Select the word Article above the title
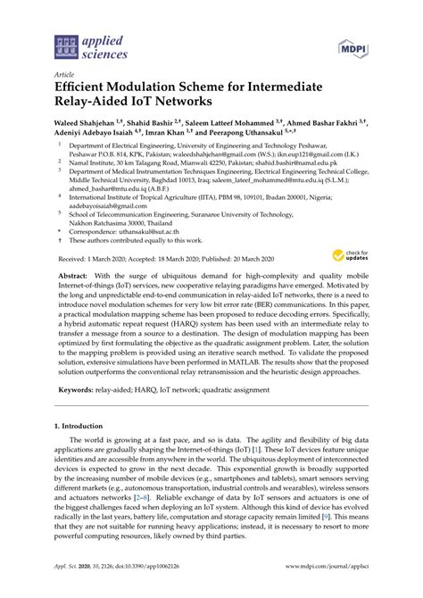click(65, 76)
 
